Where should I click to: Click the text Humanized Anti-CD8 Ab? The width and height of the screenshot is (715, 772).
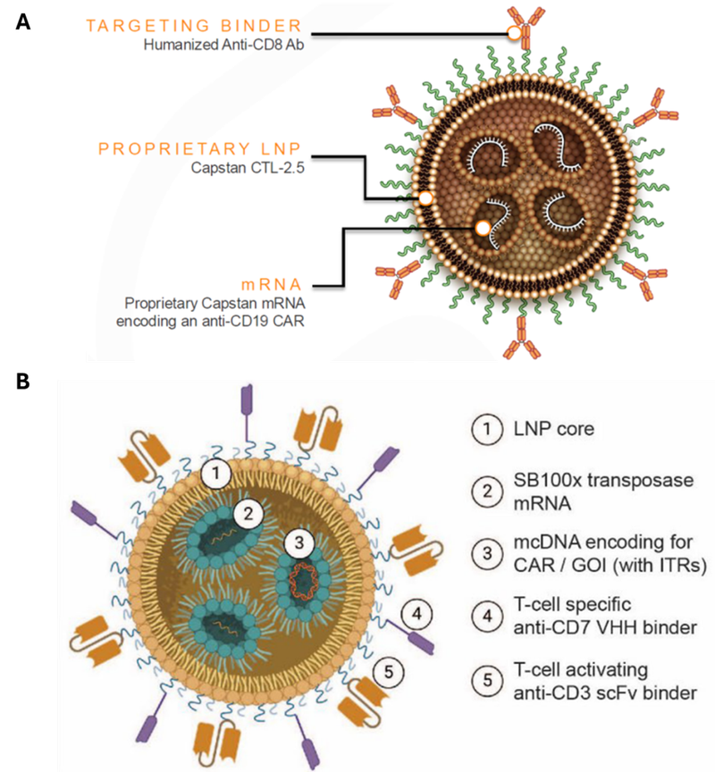coord(222,45)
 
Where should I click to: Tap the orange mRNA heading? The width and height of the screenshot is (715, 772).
coord(274,284)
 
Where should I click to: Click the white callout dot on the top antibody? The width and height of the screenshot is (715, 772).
coord(514,34)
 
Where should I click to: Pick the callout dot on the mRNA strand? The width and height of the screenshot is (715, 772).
coord(483,229)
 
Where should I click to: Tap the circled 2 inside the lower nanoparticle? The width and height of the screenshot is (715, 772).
coord(248,513)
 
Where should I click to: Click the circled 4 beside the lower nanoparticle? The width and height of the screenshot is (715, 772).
coord(417,614)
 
